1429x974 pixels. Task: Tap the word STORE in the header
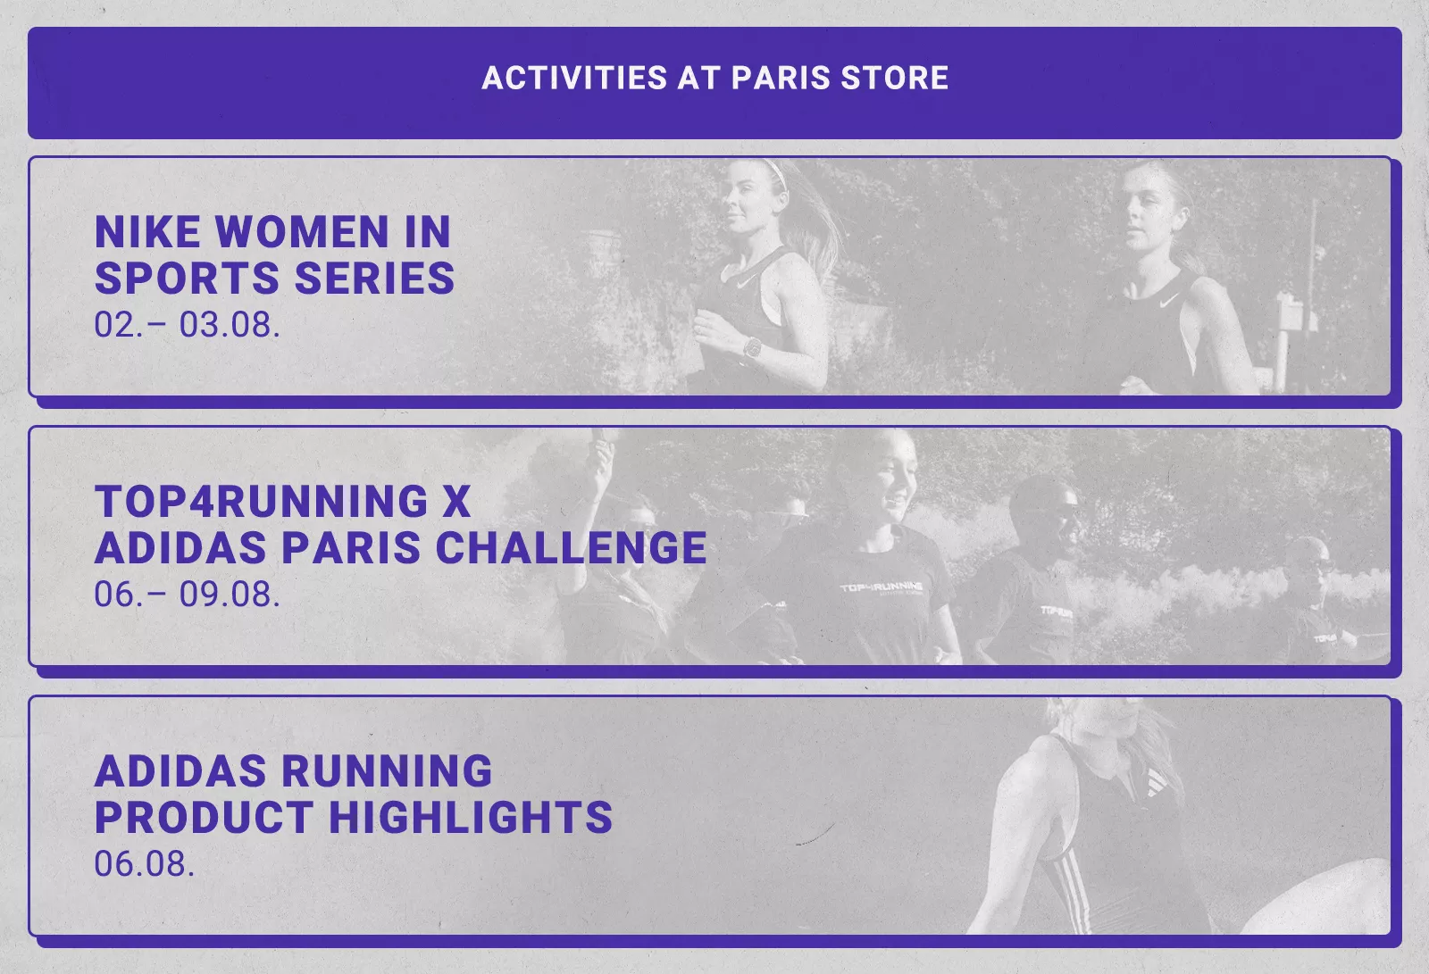[894, 78]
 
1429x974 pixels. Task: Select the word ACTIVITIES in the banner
[574, 78]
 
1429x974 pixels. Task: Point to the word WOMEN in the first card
[302, 231]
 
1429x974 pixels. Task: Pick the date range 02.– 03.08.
[187, 325]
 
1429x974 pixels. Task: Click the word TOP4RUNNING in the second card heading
[262, 502]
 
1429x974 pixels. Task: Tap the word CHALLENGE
[572, 548]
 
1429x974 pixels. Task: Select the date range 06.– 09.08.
[187, 595]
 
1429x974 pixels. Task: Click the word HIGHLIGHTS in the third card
[471, 818]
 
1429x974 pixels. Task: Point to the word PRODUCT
[205, 818]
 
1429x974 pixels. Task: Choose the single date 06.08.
[144, 864]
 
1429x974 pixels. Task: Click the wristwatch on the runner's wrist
[753, 347]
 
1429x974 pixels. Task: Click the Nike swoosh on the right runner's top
[1169, 300]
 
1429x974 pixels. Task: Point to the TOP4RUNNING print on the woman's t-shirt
[881, 587]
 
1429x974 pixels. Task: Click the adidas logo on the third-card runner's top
[1156, 782]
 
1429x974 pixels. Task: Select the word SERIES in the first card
[374, 279]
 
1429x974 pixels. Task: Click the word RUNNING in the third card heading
[387, 771]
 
